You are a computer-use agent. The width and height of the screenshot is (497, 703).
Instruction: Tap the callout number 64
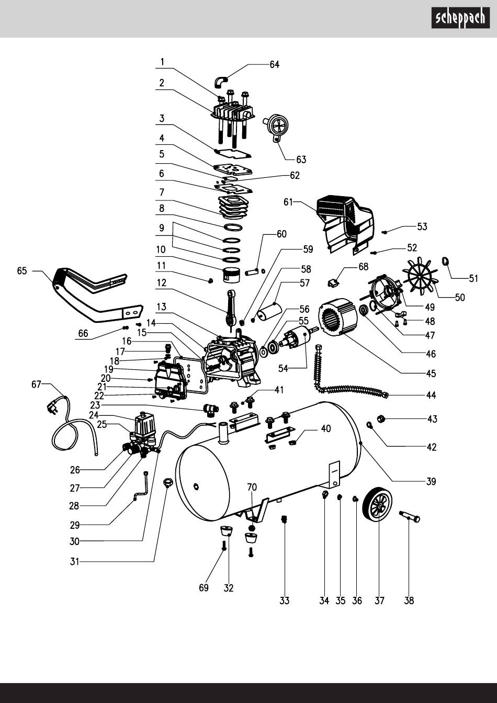(274, 64)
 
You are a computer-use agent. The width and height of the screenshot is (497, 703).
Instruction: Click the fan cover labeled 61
(347, 222)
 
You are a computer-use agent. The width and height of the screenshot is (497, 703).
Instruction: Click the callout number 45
(431, 374)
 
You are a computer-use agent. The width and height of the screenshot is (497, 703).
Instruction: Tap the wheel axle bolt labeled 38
(411, 517)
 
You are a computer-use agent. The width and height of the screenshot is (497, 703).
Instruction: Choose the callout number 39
(431, 481)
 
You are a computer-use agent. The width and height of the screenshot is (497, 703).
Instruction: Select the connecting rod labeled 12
(231, 308)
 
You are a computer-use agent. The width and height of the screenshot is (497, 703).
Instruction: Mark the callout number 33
(284, 601)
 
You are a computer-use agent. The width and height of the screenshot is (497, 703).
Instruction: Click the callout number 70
(252, 487)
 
